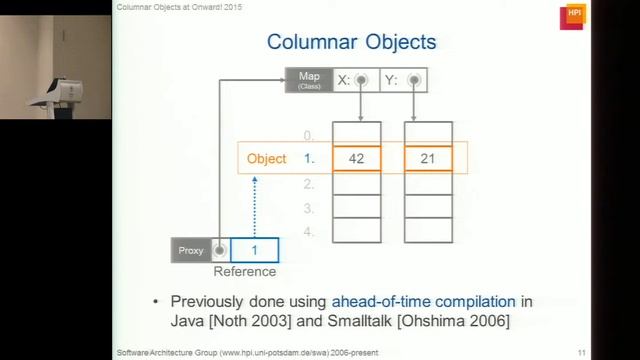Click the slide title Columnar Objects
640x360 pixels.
point(351,42)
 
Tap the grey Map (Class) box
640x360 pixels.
point(309,80)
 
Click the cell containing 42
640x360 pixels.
point(356,159)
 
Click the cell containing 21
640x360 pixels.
point(428,159)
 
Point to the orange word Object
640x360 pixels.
point(266,159)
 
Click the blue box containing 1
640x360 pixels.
point(254,250)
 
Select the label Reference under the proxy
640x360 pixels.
point(245,271)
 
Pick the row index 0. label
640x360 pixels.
point(309,135)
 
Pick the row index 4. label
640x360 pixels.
point(309,232)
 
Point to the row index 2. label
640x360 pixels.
point(309,184)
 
